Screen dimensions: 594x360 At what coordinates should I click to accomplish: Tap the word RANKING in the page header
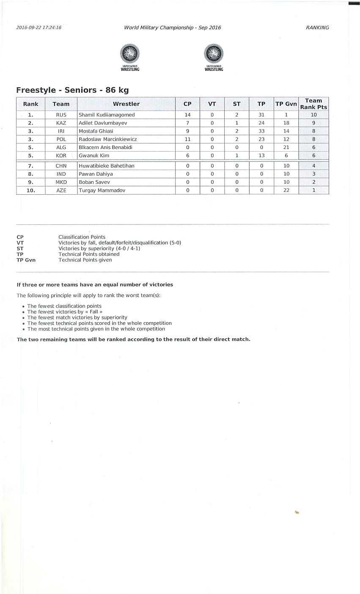click(317, 28)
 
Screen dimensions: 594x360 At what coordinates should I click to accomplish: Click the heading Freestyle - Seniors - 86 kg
click(72, 90)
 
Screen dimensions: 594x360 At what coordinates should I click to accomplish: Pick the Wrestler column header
click(126, 104)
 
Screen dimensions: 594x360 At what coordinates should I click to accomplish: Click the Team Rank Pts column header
click(313, 104)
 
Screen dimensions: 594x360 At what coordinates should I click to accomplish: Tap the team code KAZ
click(61, 123)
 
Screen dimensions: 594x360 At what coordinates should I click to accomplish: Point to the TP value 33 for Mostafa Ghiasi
click(261, 131)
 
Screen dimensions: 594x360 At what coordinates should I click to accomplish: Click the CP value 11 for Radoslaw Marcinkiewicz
click(187, 139)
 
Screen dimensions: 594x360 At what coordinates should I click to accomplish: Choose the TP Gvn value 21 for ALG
click(286, 147)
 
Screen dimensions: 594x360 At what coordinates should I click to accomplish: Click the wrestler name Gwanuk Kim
click(94, 156)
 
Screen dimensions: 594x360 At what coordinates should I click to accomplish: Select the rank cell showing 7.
click(30, 166)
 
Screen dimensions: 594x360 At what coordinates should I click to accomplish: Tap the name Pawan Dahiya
click(96, 174)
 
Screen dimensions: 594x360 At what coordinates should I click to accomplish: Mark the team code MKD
click(61, 182)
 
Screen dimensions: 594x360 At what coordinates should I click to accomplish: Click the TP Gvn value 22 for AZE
click(286, 191)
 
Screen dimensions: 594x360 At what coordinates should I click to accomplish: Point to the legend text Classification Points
click(82, 237)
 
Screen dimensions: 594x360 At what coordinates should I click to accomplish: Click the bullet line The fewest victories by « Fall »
click(65, 312)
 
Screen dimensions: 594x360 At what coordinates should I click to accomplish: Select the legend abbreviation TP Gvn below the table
click(26, 260)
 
